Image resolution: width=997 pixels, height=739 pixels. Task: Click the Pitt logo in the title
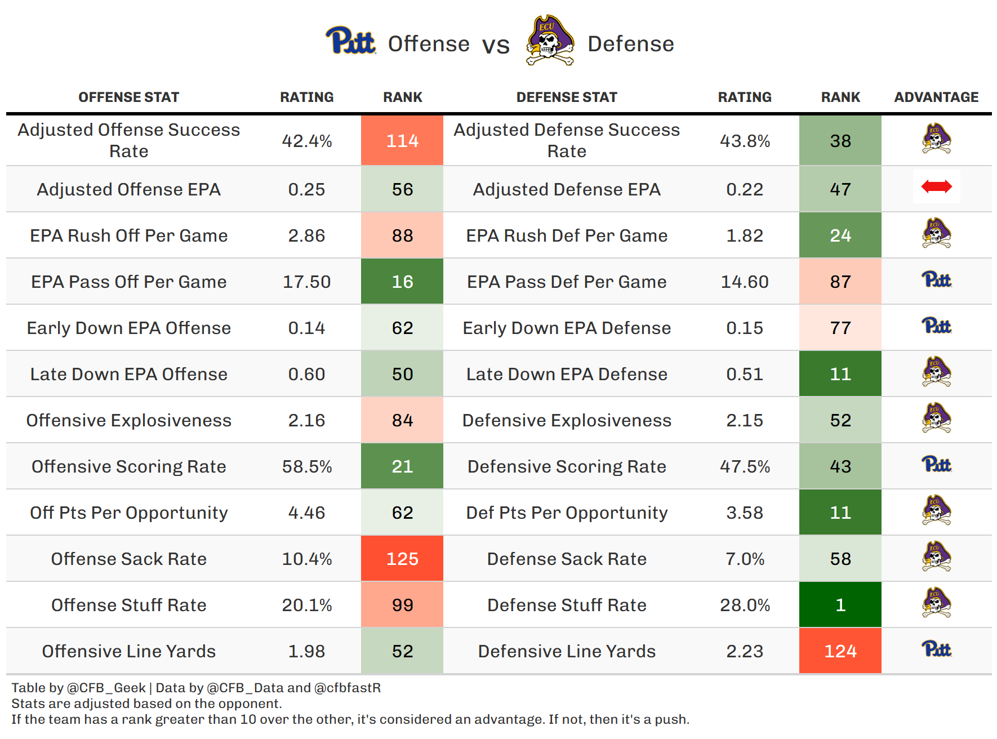pyautogui.click(x=350, y=41)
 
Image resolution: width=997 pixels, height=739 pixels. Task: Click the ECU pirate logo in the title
pyautogui.click(x=550, y=41)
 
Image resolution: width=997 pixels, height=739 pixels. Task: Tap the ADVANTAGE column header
pyautogui.click(x=936, y=97)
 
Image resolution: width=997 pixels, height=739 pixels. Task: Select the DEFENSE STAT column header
pyautogui.click(x=567, y=97)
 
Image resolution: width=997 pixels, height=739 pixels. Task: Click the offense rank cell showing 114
pyautogui.click(x=402, y=141)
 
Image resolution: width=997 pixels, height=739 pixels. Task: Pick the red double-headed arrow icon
pyautogui.click(x=936, y=186)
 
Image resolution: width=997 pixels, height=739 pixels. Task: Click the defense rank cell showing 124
pyautogui.click(x=840, y=651)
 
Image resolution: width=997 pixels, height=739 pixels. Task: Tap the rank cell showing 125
pyautogui.click(x=402, y=559)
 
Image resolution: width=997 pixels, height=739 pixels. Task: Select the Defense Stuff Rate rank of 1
pyautogui.click(x=840, y=605)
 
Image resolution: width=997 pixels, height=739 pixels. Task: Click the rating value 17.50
pyautogui.click(x=306, y=282)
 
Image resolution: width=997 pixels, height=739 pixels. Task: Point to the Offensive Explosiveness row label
pyautogui.click(x=129, y=420)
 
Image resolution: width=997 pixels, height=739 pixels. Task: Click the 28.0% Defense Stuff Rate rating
pyautogui.click(x=745, y=605)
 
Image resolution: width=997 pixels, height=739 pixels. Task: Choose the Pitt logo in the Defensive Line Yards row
pyautogui.click(x=936, y=649)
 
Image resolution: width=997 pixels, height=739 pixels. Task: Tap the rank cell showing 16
pyautogui.click(x=402, y=282)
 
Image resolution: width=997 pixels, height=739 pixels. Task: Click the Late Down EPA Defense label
pyautogui.click(x=567, y=374)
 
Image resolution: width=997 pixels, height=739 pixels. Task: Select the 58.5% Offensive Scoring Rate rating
pyautogui.click(x=306, y=466)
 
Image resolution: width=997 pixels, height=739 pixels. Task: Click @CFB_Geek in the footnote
pyautogui.click(x=106, y=688)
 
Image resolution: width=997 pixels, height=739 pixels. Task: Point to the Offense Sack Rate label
pyautogui.click(x=129, y=559)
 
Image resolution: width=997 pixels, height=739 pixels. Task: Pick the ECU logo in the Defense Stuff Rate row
pyautogui.click(x=936, y=603)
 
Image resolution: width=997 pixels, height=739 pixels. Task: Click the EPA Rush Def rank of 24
pyautogui.click(x=840, y=235)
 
